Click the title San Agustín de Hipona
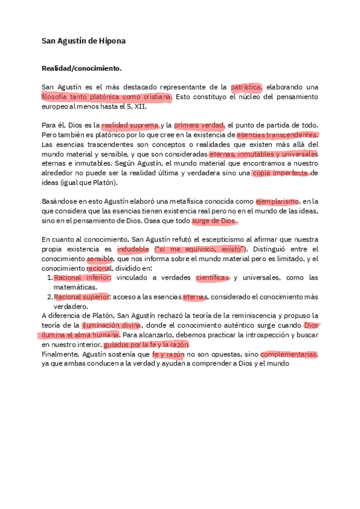tap(83, 41)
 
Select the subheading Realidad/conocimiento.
tap(81, 69)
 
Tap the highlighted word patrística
tap(246, 86)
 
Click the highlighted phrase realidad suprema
tap(130, 125)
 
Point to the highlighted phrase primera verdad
tap(199, 125)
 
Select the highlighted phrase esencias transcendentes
tap(277, 135)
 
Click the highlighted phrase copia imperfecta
tap(280, 173)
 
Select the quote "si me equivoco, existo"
tap(200, 249)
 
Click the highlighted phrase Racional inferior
tap(82, 278)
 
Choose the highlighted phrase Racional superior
tap(82, 297)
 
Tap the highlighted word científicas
tap(212, 278)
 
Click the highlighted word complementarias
tap(289, 354)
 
